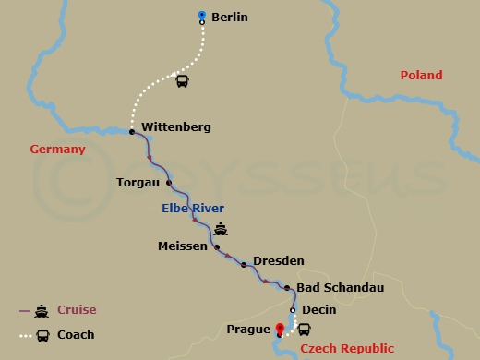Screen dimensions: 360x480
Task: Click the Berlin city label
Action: click(230, 18)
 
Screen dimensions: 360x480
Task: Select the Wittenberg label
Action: click(175, 126)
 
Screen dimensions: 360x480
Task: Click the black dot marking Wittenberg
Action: click(132, 132)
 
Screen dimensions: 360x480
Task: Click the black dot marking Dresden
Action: click(244, 265)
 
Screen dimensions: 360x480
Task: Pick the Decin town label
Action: click(318, 310)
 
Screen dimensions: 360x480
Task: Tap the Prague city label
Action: click(247, 328)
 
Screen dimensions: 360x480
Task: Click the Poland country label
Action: click(421, 75)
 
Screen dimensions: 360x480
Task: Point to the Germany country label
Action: click(58, 149)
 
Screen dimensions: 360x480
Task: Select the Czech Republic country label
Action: click(354, 348)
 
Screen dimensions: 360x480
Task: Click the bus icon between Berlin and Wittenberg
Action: click(183, 81)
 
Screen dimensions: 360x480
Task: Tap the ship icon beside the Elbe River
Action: click(221, 230)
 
